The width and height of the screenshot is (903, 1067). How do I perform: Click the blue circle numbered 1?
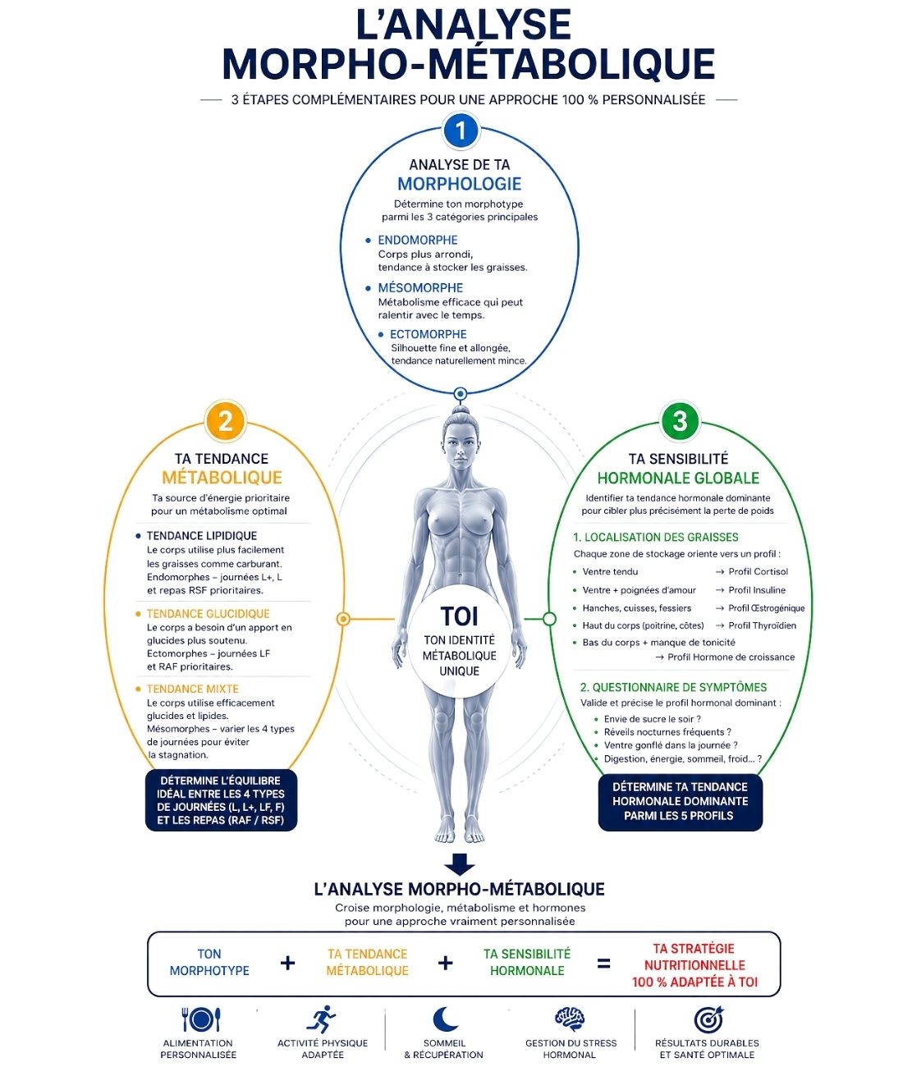coord(460,130)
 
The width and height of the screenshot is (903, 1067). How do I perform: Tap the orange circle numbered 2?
coord(225,421)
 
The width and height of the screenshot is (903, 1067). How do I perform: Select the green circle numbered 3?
coord(680,421)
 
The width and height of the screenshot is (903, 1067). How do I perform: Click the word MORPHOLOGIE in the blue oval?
coord(459,184)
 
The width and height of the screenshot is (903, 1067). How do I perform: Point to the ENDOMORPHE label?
coord(417,240)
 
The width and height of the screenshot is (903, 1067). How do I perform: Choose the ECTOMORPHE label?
coord(428,334)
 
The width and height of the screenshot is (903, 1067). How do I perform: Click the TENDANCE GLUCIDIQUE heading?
coord(208,613)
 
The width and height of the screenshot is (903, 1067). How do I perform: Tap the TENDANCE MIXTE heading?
coord(193,689)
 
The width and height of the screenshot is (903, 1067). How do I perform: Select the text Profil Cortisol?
coord(758,571)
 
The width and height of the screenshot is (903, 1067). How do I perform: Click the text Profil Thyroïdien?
coord(762,625)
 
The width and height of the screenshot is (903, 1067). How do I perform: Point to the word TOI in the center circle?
coord(459,616)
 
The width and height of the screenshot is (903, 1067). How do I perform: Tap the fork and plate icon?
coord(201,1020)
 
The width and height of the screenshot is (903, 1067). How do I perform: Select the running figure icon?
coord(321,1019)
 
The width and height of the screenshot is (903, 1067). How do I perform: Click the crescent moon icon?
coord(445,1019)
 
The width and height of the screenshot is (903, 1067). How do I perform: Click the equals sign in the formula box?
coord(603,964)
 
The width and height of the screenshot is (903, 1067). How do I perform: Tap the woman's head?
coord(460,442)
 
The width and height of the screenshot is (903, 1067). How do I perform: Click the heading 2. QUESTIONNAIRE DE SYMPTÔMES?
coord(673,687)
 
